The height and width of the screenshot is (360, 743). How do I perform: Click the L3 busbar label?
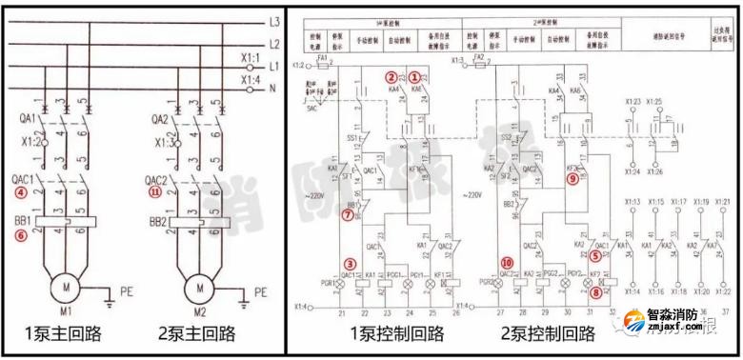click(x=273, y=20)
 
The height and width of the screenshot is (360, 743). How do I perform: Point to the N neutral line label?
click(x=272, y=89)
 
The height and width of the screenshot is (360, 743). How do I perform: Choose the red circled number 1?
click(x=415, y=75)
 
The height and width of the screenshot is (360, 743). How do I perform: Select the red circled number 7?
click(x=348, y=216)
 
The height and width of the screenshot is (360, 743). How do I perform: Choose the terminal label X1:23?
click(x=632, y=100)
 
